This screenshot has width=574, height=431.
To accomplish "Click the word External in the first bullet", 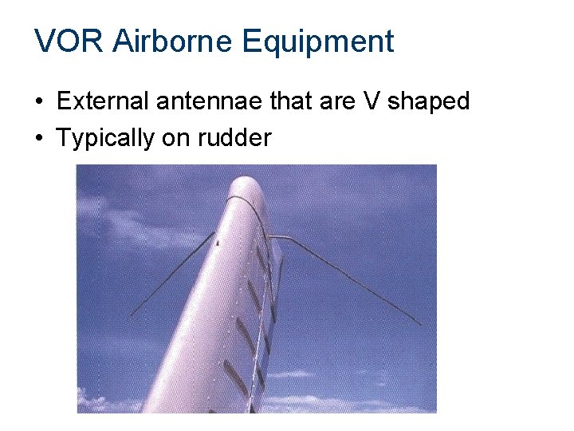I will (104, 102).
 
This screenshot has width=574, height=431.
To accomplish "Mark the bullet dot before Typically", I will (38, 139).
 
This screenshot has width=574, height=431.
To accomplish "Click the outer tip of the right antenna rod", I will (420, 323).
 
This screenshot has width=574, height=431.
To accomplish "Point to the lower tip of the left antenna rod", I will (131, 315).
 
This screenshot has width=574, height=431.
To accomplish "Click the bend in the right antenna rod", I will (289, 238).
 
